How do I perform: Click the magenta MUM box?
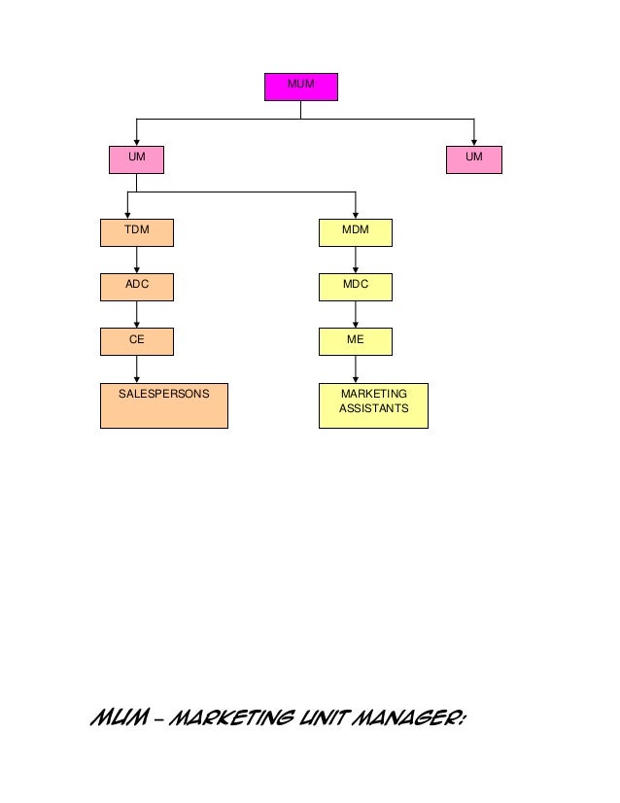click(x=301, y=87)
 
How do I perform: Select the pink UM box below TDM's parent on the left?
click(x=136, y=159)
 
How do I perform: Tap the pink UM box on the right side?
click(x=474, y=159)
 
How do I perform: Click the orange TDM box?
click(x=136, y=233)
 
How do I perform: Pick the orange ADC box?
click(x=136, y=288)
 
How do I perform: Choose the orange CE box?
click(x=136, y=341)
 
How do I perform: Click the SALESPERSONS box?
click(x=164, y=405)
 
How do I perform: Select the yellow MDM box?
click(x=356, y=233)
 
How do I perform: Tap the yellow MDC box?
click(x=356, y=288)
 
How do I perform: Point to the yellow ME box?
click(x=356, y=341)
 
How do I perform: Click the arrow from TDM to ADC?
click(x=136, y=261)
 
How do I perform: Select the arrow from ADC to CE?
click(x=136, y=315)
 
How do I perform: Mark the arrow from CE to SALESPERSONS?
click(x=136, y=369)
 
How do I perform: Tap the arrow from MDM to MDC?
click(x=356, y=261)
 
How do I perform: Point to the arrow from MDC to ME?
click(x=356, y=315)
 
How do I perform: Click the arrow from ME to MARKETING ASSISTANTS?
click(x=356, y=369)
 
